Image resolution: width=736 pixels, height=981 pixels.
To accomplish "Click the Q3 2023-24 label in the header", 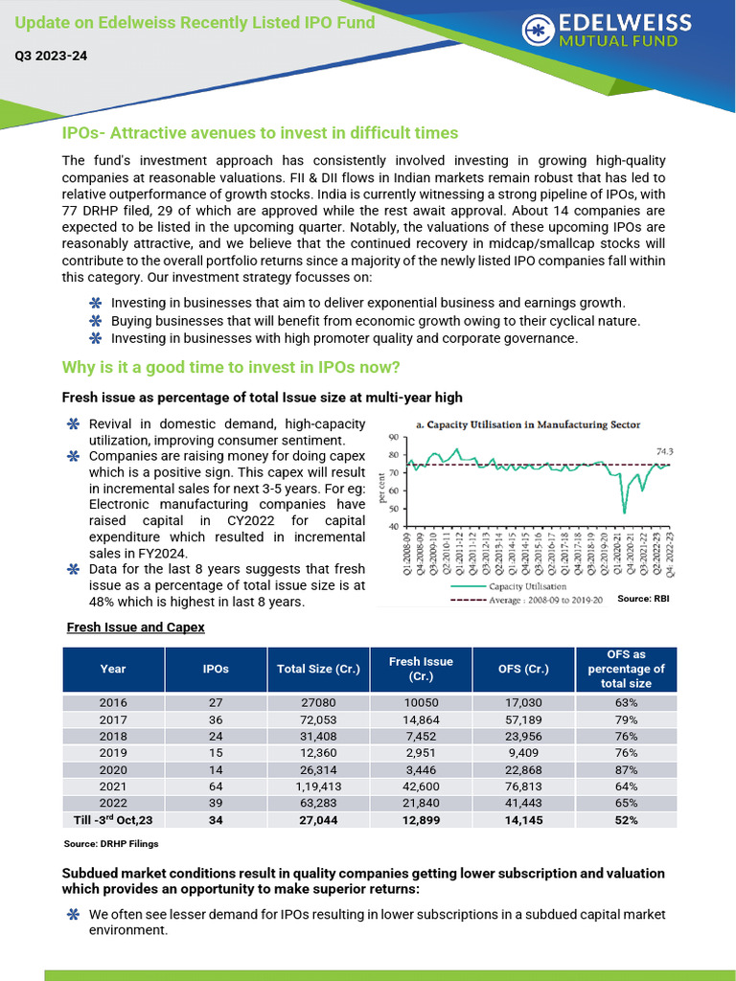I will [51, 57].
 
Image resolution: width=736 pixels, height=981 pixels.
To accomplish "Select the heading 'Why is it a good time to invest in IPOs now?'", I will [230, 369].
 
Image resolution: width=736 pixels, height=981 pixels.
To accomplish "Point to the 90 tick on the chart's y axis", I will [393, 438].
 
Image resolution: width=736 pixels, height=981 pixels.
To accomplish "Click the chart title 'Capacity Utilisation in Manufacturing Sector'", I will [527, 423].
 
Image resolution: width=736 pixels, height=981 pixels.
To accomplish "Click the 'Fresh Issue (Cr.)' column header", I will [421, 669].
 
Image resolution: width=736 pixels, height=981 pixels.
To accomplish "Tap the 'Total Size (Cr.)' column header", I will [318, 669].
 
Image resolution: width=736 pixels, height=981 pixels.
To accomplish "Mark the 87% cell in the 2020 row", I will [627, 768].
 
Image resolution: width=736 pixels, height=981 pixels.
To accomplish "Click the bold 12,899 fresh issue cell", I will [421, 821].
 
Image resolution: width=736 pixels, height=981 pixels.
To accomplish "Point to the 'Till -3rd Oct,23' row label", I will [113, 820].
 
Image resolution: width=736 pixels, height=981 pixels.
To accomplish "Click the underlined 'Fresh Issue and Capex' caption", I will [135, 627].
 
